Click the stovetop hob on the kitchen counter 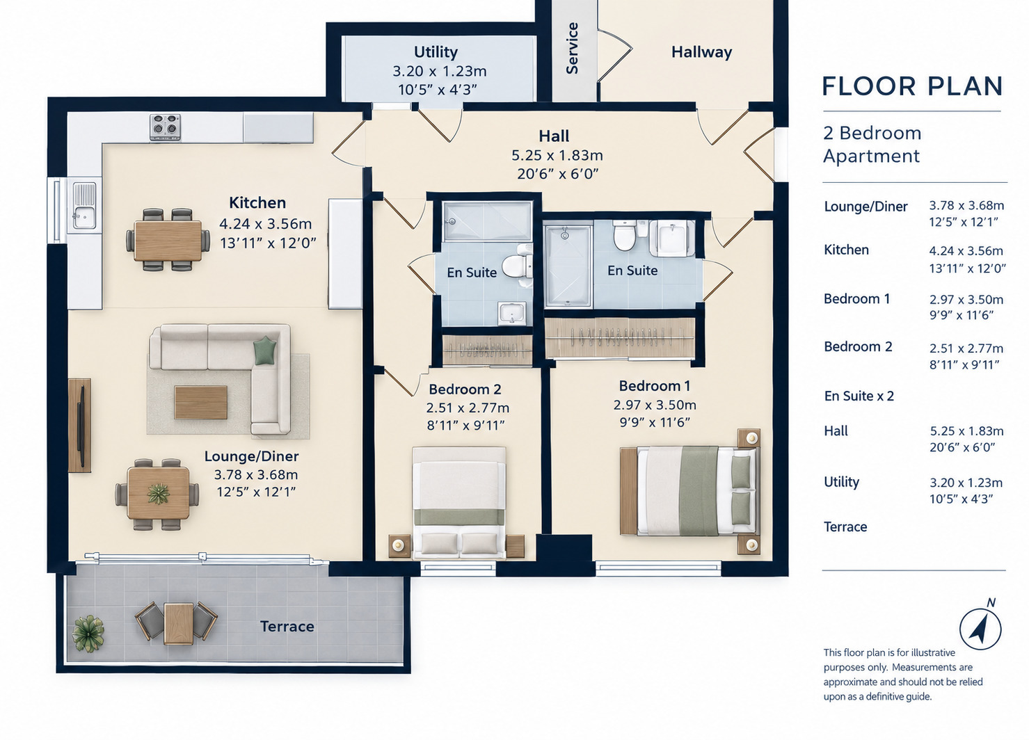pyautogui.click(x=165, y=127)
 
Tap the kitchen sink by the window pyautogui.click(x=84, y=206)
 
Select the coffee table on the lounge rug pyautogui.click(x=201, y=403)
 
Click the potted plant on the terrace pyautogui.click(x=88, y=634)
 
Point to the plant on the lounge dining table pyautogui.click(x=159, y=494)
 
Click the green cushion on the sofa pyautogui.click(x=264, y=350)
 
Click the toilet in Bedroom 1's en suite pyautogui.click(x=625, y=235)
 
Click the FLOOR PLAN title pyautogui.click(x=912, y=86)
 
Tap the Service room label pyautogui.click(x=572, y=48)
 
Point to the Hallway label pyautogui.click(x=701, y=52)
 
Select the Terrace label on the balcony pyautogui.click(x=287, y=626)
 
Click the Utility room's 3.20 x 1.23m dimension pyautogui.click(x=439, y=71)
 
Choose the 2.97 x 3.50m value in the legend pyautogui.click(x=966, y=300)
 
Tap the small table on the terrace pyautogui.click(x=179, y=624)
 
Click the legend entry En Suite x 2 pyautogui.click(x=859, y=396)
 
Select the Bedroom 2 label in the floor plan pyautogui.click(x=465, y=389)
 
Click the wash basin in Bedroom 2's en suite pyautogui.click(x=512, y=313)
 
